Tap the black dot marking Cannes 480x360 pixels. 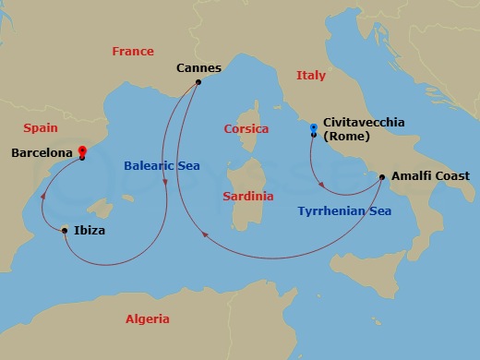click(x=198, y=82)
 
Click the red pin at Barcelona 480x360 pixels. click(x=82, y=150)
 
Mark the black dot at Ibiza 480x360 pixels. click(x=64, y=230)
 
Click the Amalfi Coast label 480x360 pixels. click(x=430, y=175)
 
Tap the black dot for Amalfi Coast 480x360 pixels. click(x=382, y=176)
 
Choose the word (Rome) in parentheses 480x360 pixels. click(x=347, y=137)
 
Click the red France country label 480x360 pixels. click(x=133, y=52)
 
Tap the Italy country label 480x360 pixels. click(x=311, y=76)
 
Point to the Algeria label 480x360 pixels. click(x=148, y=319)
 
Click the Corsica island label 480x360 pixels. click(x=246, y=129)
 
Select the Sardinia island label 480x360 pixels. click(x=248, y=197)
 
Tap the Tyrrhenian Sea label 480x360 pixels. click(x=344, y=211)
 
